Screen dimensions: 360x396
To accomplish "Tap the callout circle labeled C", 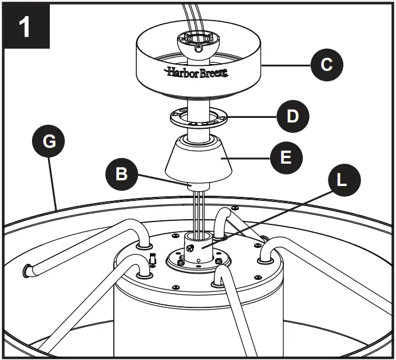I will [327, 65].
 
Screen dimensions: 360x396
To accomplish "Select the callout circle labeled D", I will [292, 117].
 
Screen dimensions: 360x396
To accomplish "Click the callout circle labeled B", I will [122, 174].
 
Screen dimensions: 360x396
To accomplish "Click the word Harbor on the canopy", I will [181, 72].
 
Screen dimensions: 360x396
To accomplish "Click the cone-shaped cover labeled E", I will [197, 160].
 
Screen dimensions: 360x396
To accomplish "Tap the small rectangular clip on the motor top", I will [153, 259].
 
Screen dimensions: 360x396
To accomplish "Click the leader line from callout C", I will [286, 65].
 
